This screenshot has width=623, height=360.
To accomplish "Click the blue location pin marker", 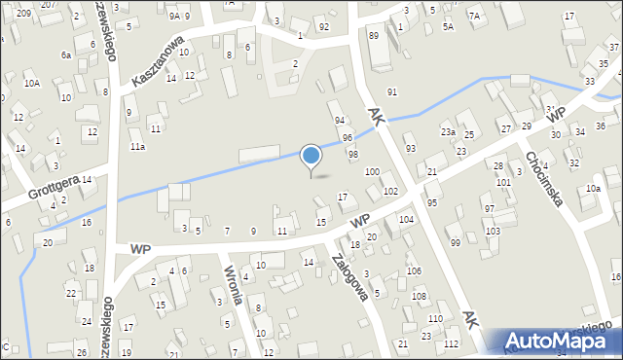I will click(x=311, y=157).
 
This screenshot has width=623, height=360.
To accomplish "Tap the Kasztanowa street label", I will click(x=158, y=64).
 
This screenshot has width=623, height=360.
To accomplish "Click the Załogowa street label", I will click(x=348, y=279).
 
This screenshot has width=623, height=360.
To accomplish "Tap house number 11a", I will click(x=137, y=147).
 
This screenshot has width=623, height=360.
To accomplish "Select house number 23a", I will click(x=448, y=131).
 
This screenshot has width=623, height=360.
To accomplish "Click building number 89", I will click(x=374, y=35).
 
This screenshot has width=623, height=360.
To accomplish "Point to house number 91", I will click(x=393, y=91).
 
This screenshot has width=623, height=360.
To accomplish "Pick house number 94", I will click(x=340, y=120).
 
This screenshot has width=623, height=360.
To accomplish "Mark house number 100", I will click(x=372, y=171).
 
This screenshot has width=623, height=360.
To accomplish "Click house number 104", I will click(x=406, y=220).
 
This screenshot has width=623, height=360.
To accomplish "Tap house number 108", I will click(x=420, y=295).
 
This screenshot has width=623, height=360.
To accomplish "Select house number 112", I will click(x=450, y=344).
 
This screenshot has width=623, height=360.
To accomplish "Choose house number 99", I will click(x=456, y=241).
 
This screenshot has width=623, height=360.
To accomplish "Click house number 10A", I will click(x=32, y=84).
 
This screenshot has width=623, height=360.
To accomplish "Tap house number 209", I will click(x=23, y=14).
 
